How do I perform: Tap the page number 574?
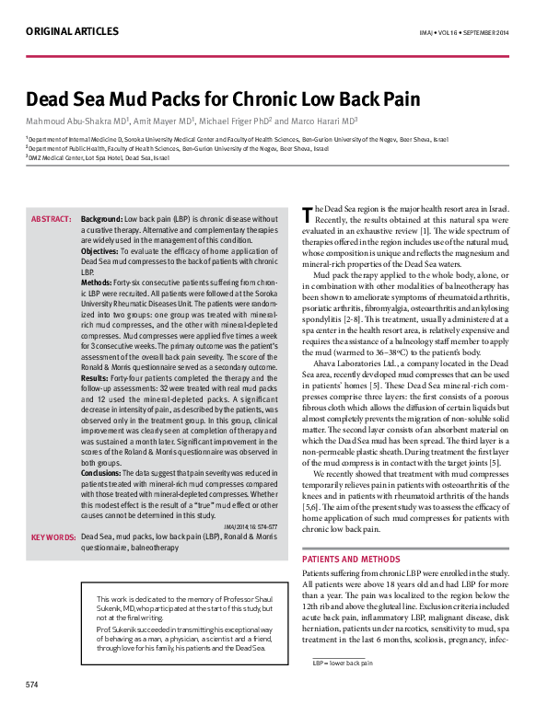[x=31, y=685]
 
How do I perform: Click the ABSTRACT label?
[x=52, y=219]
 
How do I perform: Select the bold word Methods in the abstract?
[x=99, y=283]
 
